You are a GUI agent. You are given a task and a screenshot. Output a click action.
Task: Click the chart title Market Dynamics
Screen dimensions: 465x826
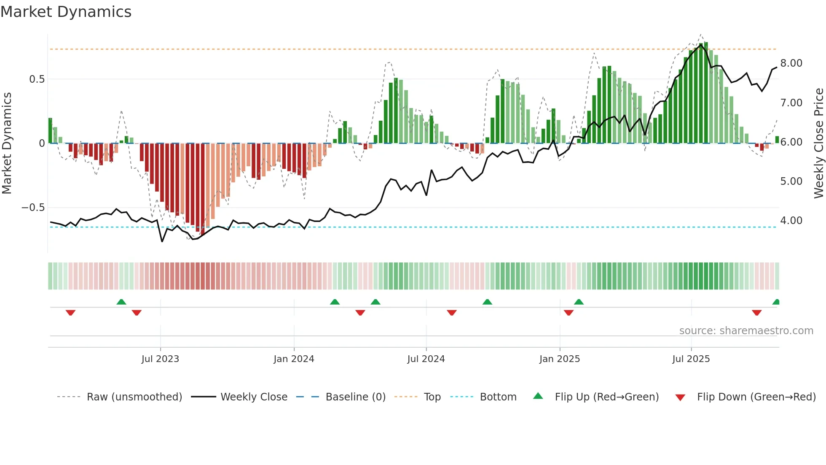pyautogui.click(x=66, y=12)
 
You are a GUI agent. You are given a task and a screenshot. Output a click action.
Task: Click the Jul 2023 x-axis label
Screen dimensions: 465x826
pyautogui.click(x=160, y=359)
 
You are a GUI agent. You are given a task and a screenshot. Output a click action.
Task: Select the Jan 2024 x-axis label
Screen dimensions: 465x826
pyautogui.click(x=294, y=359)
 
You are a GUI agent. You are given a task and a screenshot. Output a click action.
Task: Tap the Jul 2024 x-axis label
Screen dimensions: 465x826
pyautogui.click(x=426, y=359)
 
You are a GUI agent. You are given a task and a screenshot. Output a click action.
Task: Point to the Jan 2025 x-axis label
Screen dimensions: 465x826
pyautogui.click(x=560, y=359)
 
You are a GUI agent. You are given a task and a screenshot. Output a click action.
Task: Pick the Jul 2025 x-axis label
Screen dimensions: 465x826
pyautogui.click(x=691, y=359)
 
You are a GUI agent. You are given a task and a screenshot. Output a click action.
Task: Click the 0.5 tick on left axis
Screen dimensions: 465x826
pyautogui.click(x=37, y=79)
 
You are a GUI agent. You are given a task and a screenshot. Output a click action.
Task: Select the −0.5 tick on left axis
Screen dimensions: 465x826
pyautogui.click(x=33, y=208)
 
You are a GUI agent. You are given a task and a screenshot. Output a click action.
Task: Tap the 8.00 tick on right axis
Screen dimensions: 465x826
pyautogui.click(x=791, y=63)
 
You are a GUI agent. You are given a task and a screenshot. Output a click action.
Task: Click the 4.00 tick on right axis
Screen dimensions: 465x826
pyautogui.click(x=791, y=221)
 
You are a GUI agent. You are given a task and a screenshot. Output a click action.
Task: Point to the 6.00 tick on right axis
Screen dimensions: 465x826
pyautogui.click(x=791, y=142)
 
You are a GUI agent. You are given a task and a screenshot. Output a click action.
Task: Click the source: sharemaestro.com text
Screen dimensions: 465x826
pyautogui.click(x=746, y=331)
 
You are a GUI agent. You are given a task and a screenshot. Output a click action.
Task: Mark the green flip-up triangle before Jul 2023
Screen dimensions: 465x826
pyautogui.click(x=121, y=302)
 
